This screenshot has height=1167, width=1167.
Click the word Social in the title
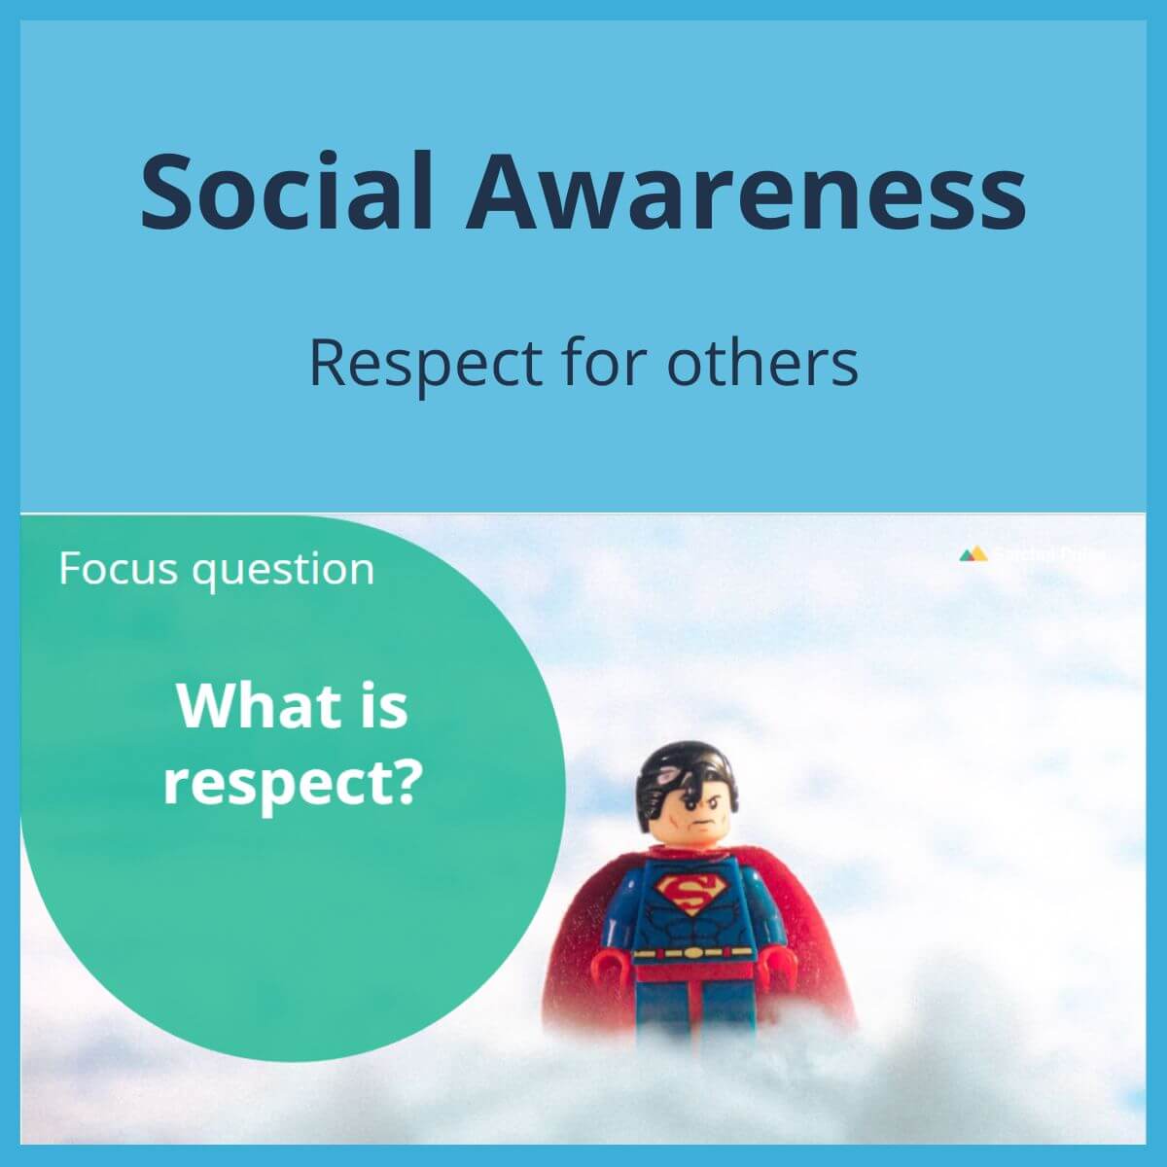pyautogui.click(x=286, y=190)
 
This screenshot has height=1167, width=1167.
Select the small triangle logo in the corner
pyautogui.click(x=972, y=554)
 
